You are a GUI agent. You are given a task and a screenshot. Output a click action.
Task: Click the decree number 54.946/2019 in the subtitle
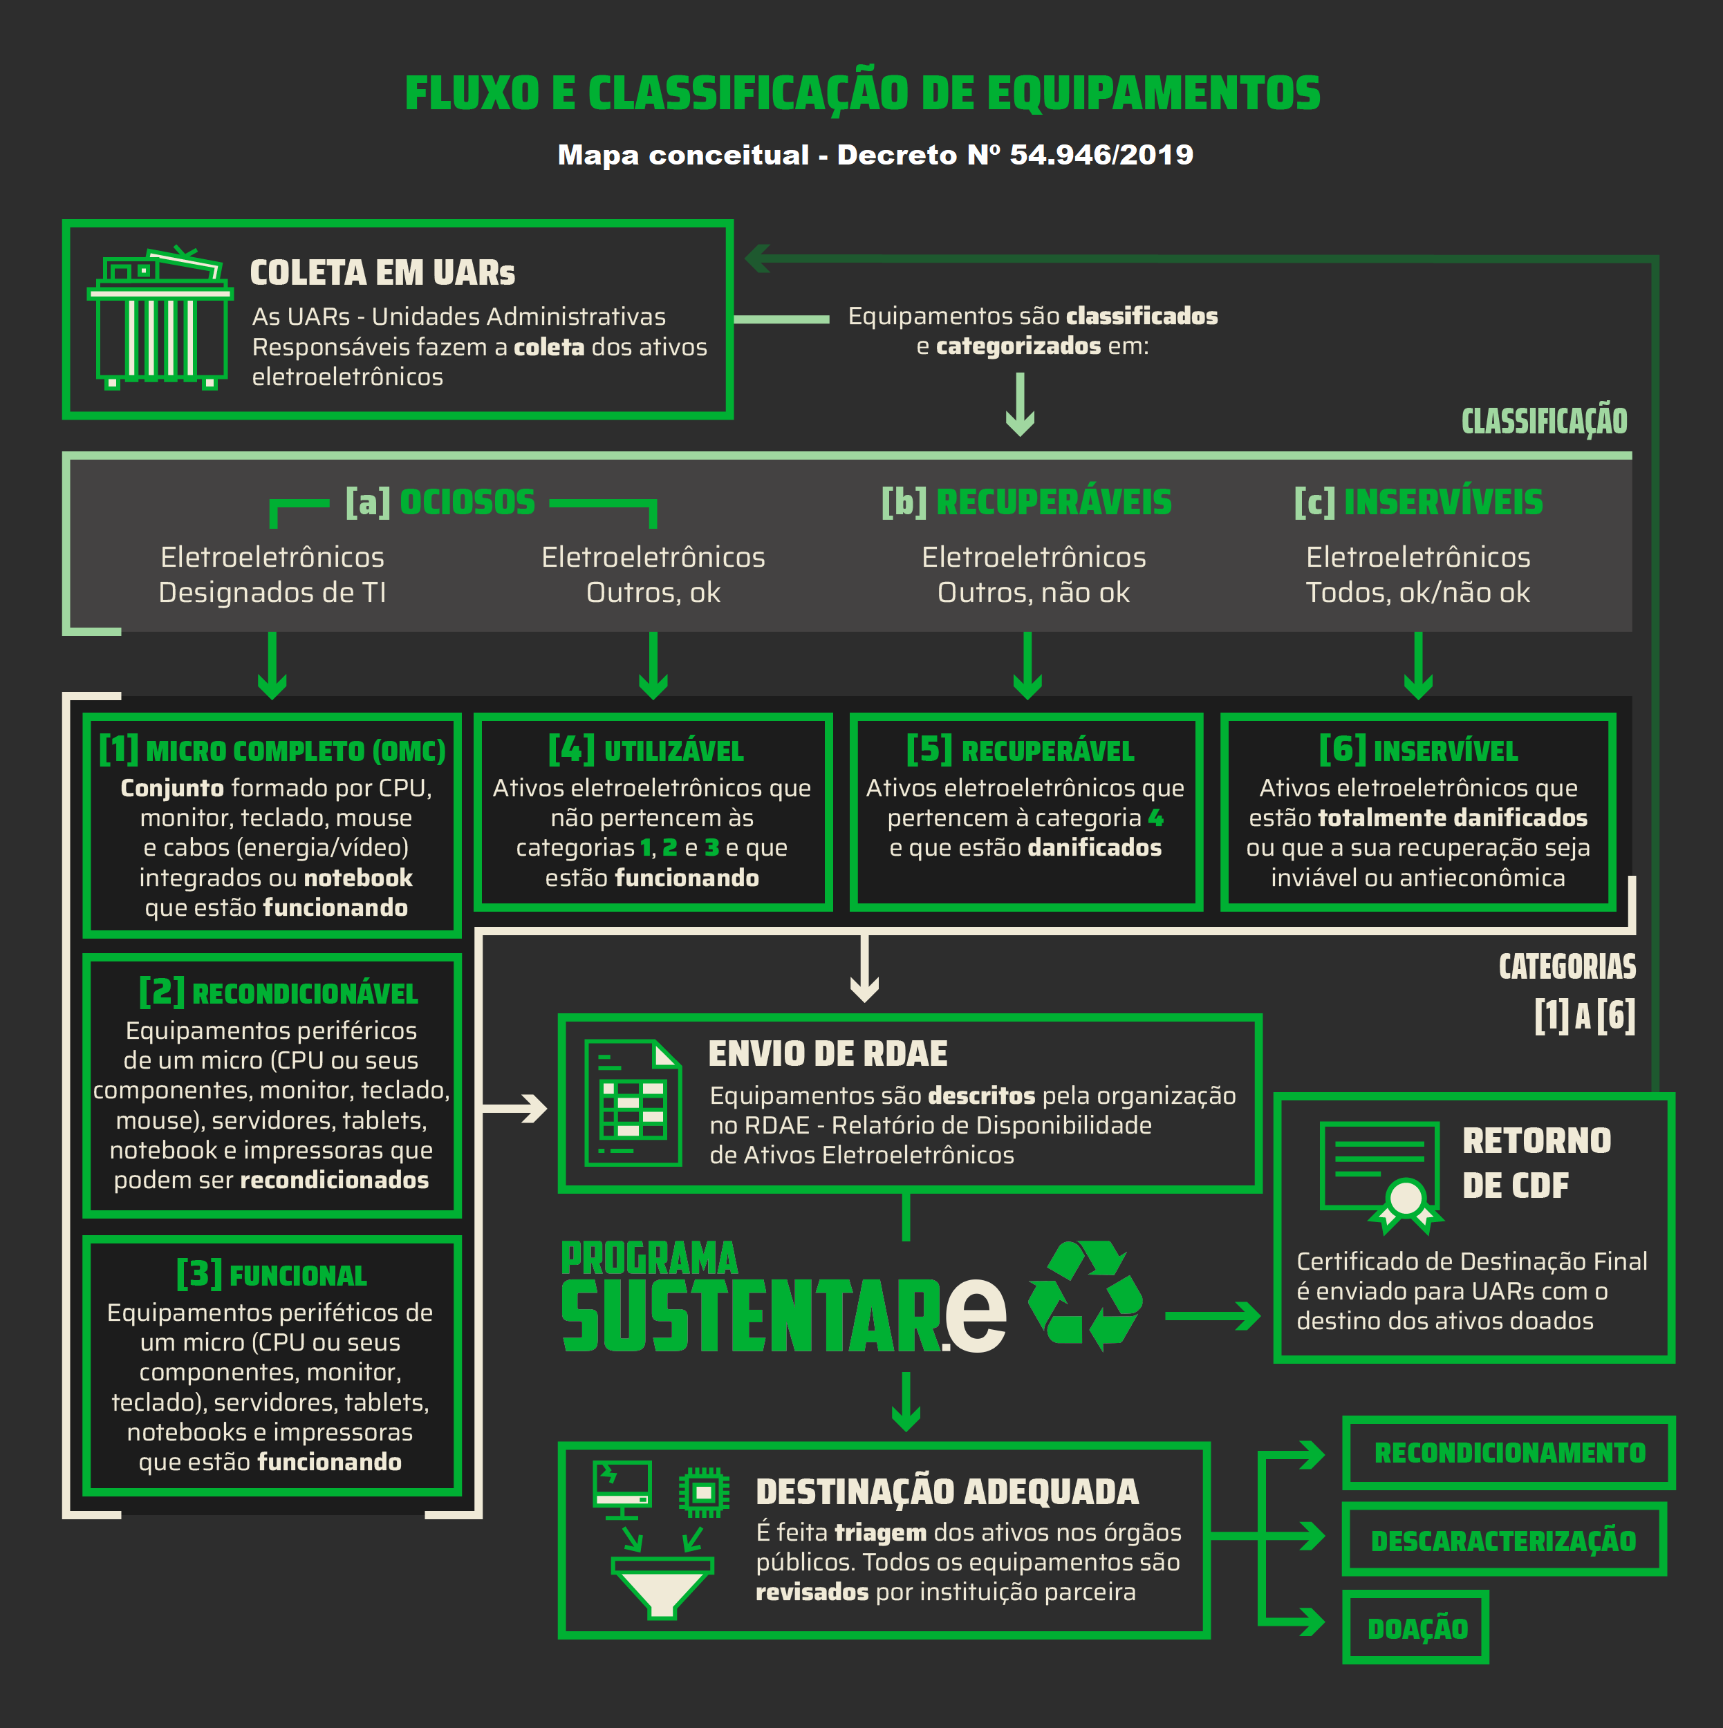[1101, 155]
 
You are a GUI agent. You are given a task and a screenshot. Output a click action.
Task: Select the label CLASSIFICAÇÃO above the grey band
[1544, 421]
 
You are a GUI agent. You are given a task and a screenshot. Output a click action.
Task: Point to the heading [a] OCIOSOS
[441, 503]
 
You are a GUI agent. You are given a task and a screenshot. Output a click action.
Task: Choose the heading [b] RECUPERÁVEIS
[1026, 503]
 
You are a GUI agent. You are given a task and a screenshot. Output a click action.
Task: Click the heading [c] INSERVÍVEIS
[1418, 503]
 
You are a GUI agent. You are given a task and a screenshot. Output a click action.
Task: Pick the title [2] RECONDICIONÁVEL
[278, 993]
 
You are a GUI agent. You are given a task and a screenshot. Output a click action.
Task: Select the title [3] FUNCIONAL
[272, 1275]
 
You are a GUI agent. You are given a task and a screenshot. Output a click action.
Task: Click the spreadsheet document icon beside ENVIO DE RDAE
[633, 1102]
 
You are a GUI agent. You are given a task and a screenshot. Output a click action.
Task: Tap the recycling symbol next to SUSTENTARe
[1085, 1294]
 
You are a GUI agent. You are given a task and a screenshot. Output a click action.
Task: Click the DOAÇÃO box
[1416, 1628]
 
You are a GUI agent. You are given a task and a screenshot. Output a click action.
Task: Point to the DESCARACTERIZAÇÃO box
[1503, 1540]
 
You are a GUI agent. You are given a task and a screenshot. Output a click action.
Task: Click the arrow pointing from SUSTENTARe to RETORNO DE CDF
[1212, 1315]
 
